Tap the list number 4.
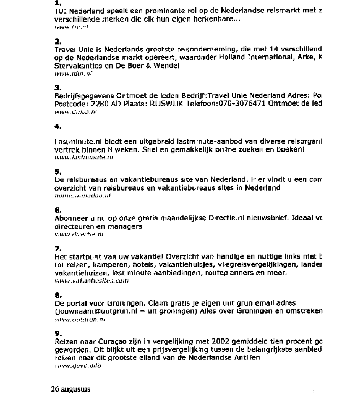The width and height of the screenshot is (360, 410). point(58,127)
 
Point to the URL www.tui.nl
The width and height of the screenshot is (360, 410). point(71,27)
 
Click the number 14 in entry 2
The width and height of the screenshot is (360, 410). point(274,49)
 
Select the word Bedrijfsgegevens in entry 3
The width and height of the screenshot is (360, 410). point(84,96)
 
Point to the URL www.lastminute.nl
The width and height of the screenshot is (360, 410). point(84,157)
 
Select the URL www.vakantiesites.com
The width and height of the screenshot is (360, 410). point(92,281)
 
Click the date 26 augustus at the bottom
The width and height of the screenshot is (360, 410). point(71,389)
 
